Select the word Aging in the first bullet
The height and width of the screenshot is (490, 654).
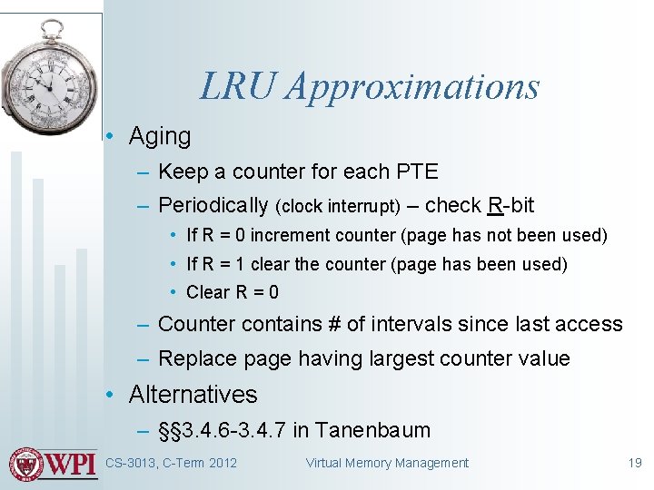click(x=160, y=137)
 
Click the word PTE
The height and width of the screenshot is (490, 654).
click(x=417, y=171)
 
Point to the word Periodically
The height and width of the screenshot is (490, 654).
click(x=213, y=206)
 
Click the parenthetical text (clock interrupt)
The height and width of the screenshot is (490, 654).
click(x=337, y=207)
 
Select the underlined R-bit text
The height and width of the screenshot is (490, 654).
click(x=510, y=205)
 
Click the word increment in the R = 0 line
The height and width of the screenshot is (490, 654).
click(x=289, y=236)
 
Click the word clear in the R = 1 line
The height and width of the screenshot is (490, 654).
click(x=271, y=265)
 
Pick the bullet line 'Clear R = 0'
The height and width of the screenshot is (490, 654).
click(x=233, y=292)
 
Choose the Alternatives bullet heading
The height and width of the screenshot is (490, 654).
click(x=193, y=395)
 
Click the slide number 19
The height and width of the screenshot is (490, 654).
click(x=635, y=464)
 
